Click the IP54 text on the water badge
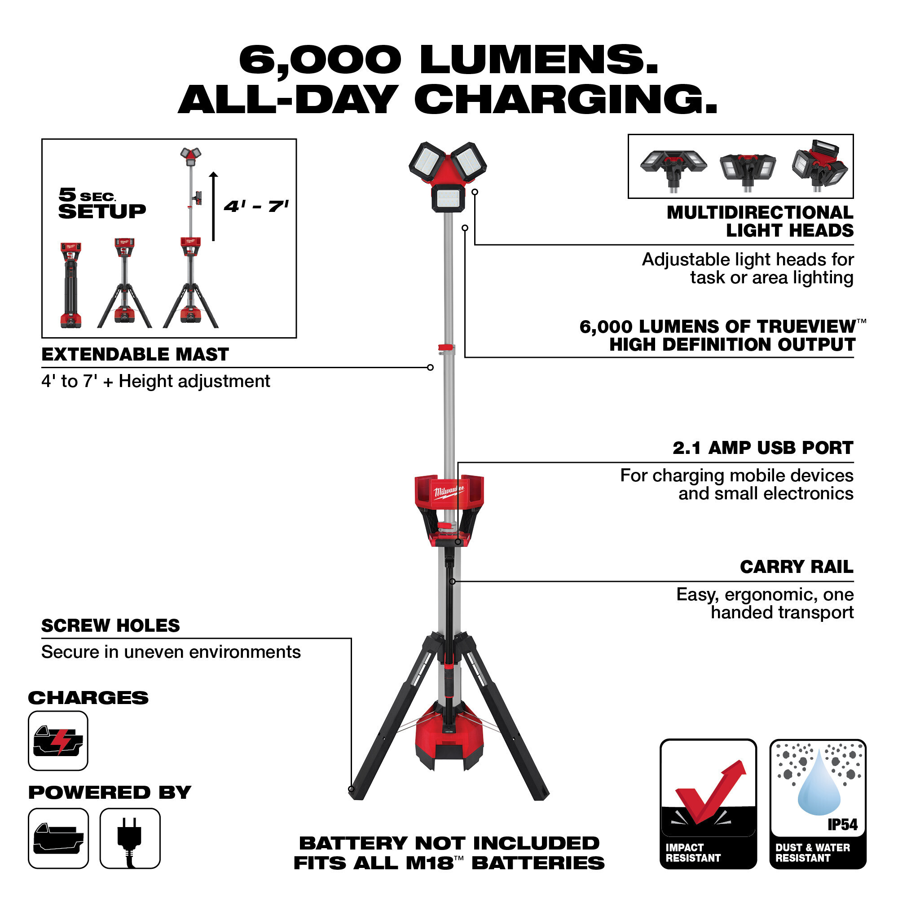pos(842,824)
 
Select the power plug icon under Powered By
pos(130,838)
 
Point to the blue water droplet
pos(819,790)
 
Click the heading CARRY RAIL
pos(796,567)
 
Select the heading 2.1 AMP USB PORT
pos(763,448)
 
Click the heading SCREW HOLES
pos(110,625)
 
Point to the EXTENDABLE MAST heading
pos(135,355)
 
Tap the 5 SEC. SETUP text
pos(102,203)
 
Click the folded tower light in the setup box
pos(70,285)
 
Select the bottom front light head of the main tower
pos(448,198)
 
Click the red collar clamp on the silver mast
pos(446,348)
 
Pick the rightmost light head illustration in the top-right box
pos(819,165)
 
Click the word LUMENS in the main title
pos(539,61)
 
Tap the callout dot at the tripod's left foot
pos(352,789)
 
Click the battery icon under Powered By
pos(58,838)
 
